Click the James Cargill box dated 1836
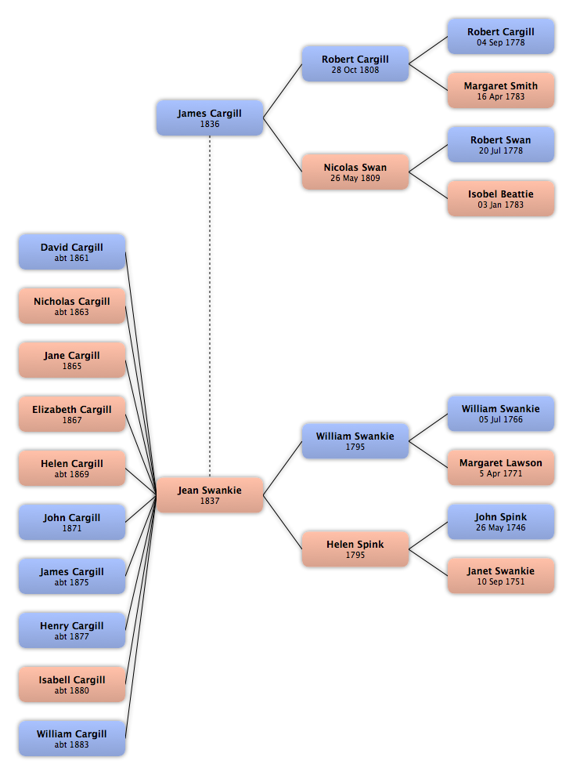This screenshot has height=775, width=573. point(210,118)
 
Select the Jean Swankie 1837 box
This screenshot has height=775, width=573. point(210,494)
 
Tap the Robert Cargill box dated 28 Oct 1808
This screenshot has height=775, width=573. point(355,63)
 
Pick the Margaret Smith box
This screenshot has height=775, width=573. point(501,90)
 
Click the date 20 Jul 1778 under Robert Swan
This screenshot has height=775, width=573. point(501,150)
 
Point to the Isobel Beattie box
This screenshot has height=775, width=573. point(501,199)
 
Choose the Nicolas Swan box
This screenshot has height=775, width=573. point(355,172)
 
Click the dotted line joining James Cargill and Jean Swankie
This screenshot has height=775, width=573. point(210,306)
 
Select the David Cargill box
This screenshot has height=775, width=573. point(72,252)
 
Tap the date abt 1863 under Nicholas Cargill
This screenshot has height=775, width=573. point(72,313)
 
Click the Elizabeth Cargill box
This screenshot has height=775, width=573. point(72,414)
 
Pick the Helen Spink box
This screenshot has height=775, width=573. point(355,549)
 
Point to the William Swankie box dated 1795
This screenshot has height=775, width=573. point(355,441)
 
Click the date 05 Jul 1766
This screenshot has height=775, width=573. point(501,419)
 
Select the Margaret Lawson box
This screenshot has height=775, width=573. point(501,468)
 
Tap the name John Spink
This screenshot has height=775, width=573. point(501,517)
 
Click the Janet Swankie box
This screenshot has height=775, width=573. point(501,576)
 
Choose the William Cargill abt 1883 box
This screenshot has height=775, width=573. point(72,738)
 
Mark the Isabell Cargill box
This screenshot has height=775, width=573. point(72,684)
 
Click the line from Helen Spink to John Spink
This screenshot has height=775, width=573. point(428,535)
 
